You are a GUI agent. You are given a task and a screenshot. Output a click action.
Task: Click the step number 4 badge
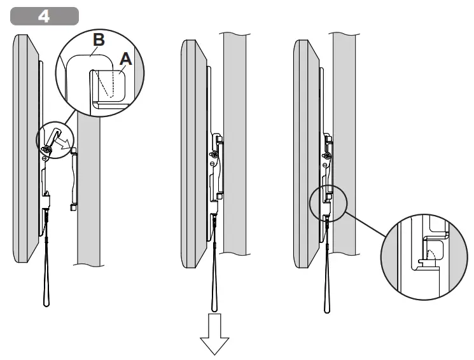pos(45,16)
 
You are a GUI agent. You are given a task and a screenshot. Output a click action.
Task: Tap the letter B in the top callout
pos(98,40)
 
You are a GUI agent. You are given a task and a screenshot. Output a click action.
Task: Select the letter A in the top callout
pos(126,59)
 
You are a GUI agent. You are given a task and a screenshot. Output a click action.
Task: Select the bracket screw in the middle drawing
pos(214,154)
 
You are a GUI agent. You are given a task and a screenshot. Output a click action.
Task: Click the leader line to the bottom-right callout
pos(366,223)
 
